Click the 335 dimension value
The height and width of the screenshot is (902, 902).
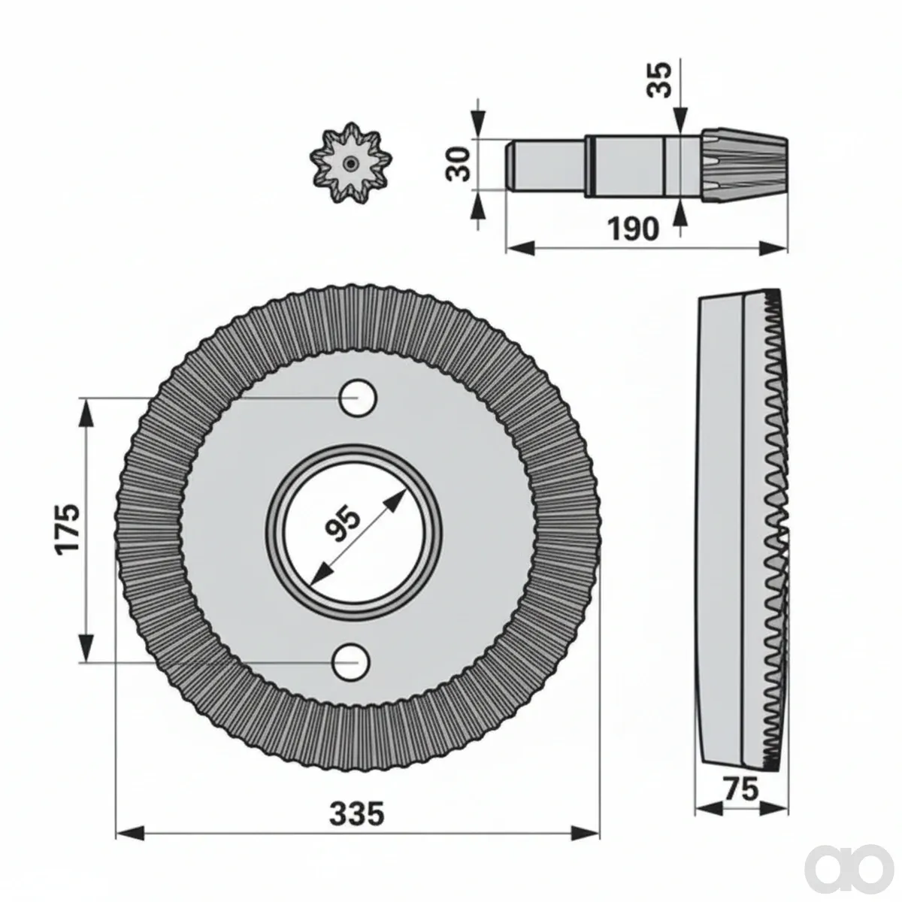click(357, 788)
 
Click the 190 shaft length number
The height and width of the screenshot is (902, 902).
click(633, 229)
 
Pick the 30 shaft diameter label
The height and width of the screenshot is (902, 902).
click(458, 164)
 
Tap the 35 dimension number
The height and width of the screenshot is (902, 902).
click(658, 80)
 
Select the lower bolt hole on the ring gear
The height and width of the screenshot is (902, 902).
click(352, 662)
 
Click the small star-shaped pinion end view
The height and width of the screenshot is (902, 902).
click(350, 163)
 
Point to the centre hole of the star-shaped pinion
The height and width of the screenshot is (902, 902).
click(350, 163)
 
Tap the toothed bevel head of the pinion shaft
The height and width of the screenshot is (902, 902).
click(744, 164)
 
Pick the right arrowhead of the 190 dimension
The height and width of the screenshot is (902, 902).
click(773, 248)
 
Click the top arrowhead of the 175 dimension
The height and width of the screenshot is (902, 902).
click(86, 413)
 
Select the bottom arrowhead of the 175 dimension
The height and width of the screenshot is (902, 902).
click(86, 647)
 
